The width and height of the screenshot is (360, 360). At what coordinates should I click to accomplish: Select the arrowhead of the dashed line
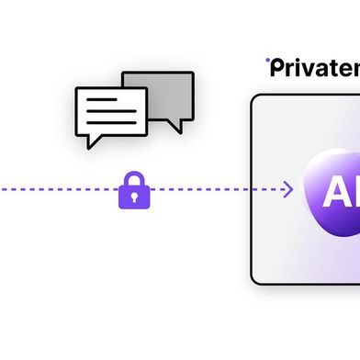288,190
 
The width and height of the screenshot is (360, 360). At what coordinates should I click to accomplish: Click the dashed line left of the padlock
55,190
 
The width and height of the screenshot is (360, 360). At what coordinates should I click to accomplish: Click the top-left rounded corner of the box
257,100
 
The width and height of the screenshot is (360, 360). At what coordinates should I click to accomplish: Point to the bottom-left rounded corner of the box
257,278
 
